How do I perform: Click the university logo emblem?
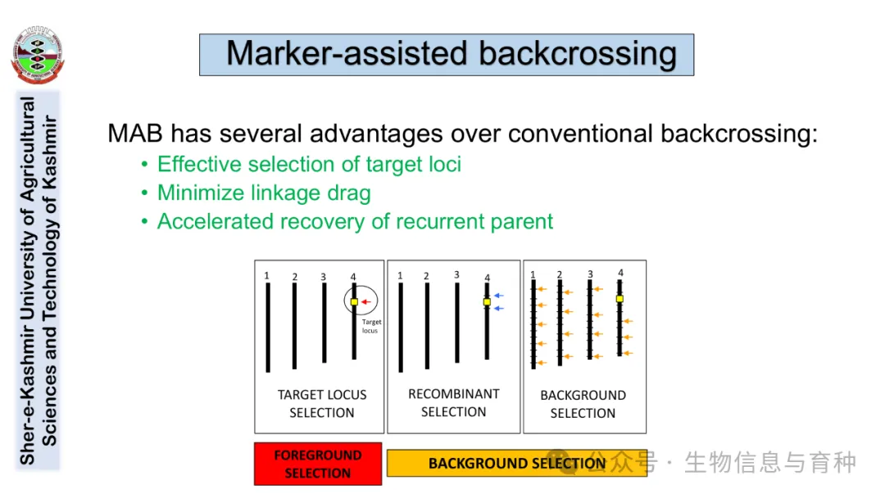point(37,55)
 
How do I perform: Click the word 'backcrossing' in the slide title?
point(578,54)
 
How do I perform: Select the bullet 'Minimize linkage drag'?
point(264,193)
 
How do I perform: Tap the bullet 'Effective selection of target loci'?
point(309,165)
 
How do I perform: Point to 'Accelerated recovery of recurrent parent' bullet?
point(355,222)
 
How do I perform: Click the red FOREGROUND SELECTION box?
point(318,464)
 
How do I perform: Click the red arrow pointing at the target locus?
point(366,302)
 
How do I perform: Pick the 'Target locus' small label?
point(371,326)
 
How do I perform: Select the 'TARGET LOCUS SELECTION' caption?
point(321,404)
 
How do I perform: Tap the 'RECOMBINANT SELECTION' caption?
point(453,403)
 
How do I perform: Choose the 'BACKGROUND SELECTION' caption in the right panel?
point(583,404)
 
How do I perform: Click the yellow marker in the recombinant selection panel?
point(487,302)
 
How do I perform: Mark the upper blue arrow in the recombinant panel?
point(499,296)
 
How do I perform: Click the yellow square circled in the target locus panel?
point(354,302)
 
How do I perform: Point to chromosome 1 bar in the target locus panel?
point(268,328)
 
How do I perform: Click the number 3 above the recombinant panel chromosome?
point(456,275)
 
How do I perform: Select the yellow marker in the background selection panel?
point(619,299)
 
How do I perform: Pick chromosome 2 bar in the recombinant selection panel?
point(427,326)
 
